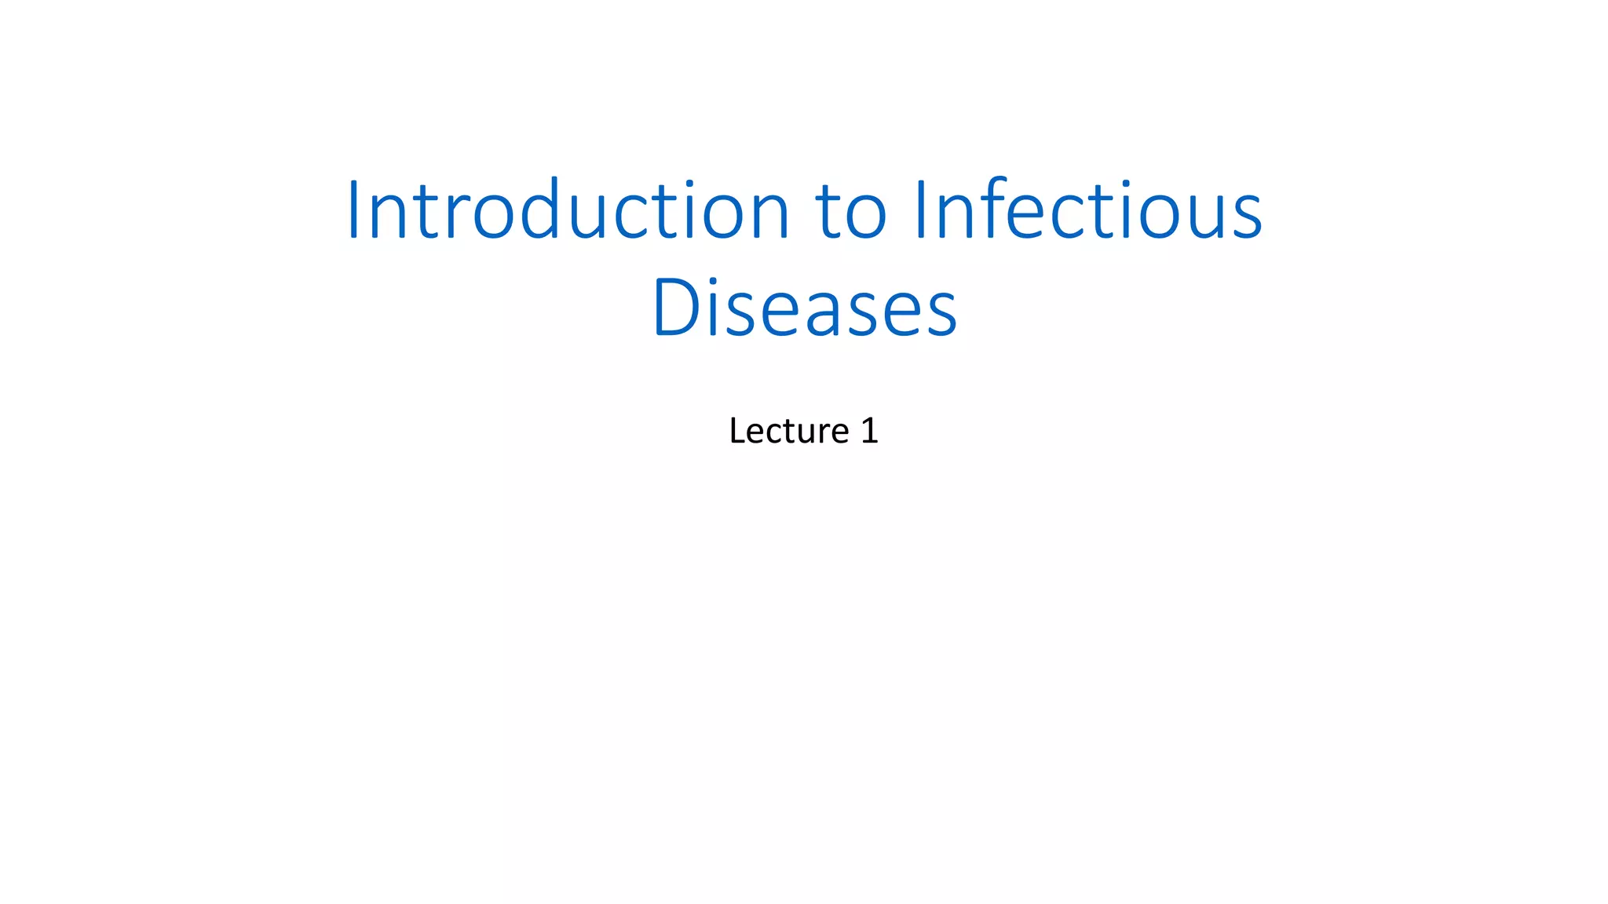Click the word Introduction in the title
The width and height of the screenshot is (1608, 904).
click(x=568, y=210)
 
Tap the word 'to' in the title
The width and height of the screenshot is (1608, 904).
click(x=851, y=210)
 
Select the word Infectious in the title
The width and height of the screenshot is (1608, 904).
click(x=1088, y=210)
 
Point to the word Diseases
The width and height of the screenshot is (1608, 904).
click(x=804, y=308)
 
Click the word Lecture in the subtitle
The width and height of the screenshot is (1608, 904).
click(x=788, y=431)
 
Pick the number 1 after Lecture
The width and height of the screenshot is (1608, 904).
click(x=869, y=431)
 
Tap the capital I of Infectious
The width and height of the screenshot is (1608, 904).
click(x=922, y=210)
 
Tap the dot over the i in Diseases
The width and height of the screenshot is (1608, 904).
click(x=714, y=281)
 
